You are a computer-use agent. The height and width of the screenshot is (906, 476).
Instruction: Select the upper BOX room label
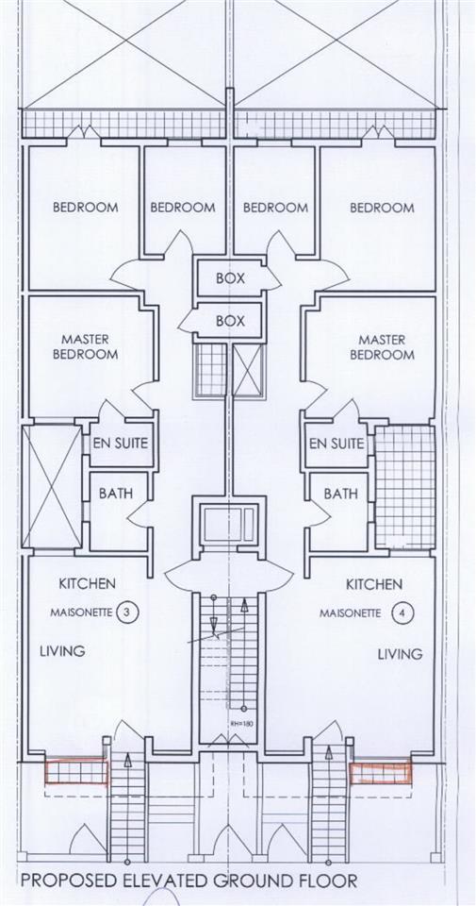(x=230, y=277)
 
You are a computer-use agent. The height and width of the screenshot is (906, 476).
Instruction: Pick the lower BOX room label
(x=230, y=321)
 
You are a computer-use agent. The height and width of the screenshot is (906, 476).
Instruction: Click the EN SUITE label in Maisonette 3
(x=121, y=444)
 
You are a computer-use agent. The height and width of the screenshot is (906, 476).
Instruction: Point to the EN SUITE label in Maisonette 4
(x=336, y=444)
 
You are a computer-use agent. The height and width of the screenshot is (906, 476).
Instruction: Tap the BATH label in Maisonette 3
(x=115, y=494)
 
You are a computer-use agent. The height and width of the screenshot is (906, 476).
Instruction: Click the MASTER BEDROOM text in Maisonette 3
(x=86, y=346)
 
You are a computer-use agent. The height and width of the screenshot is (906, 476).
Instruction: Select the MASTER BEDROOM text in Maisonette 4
(x=382, y=346)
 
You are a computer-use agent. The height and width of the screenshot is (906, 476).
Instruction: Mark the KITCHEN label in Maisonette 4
(x=374, y=585)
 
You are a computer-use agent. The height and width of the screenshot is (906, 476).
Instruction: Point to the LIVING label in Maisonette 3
(x=62, y=651)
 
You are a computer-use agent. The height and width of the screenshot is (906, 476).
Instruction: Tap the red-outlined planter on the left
(x=76, y=772)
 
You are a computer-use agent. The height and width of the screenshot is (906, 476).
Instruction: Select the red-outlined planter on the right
(x=381, y=772)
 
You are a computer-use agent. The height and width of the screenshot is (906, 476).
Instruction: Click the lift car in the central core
(x=229, y=525)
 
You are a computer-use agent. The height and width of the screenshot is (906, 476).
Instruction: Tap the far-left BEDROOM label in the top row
(x=86, y=208)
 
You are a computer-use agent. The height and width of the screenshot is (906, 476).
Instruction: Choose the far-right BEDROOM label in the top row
(x=382, y=208)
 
